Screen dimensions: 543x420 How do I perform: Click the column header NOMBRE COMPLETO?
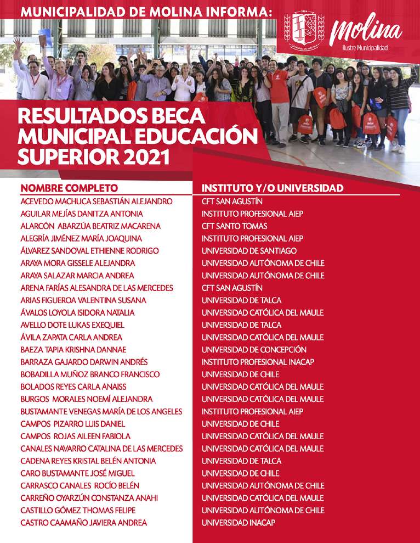[69, 188]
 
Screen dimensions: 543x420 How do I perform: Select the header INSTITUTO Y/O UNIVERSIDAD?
[273, 188]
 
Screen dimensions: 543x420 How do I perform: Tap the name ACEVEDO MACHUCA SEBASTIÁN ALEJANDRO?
[97, 201]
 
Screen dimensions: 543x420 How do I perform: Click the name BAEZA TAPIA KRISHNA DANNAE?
[73, 350]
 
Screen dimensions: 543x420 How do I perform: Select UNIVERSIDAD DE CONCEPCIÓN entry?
[254, 350]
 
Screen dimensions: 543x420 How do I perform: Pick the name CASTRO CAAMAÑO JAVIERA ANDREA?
[84, 523]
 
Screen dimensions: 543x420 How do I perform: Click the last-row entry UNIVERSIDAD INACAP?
[239, 523]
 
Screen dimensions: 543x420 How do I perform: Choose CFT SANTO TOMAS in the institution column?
[235, 226]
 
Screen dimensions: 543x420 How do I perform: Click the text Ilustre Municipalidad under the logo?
[365, 48]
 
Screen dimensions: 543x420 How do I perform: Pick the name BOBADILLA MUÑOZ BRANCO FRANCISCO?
[90, 374]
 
